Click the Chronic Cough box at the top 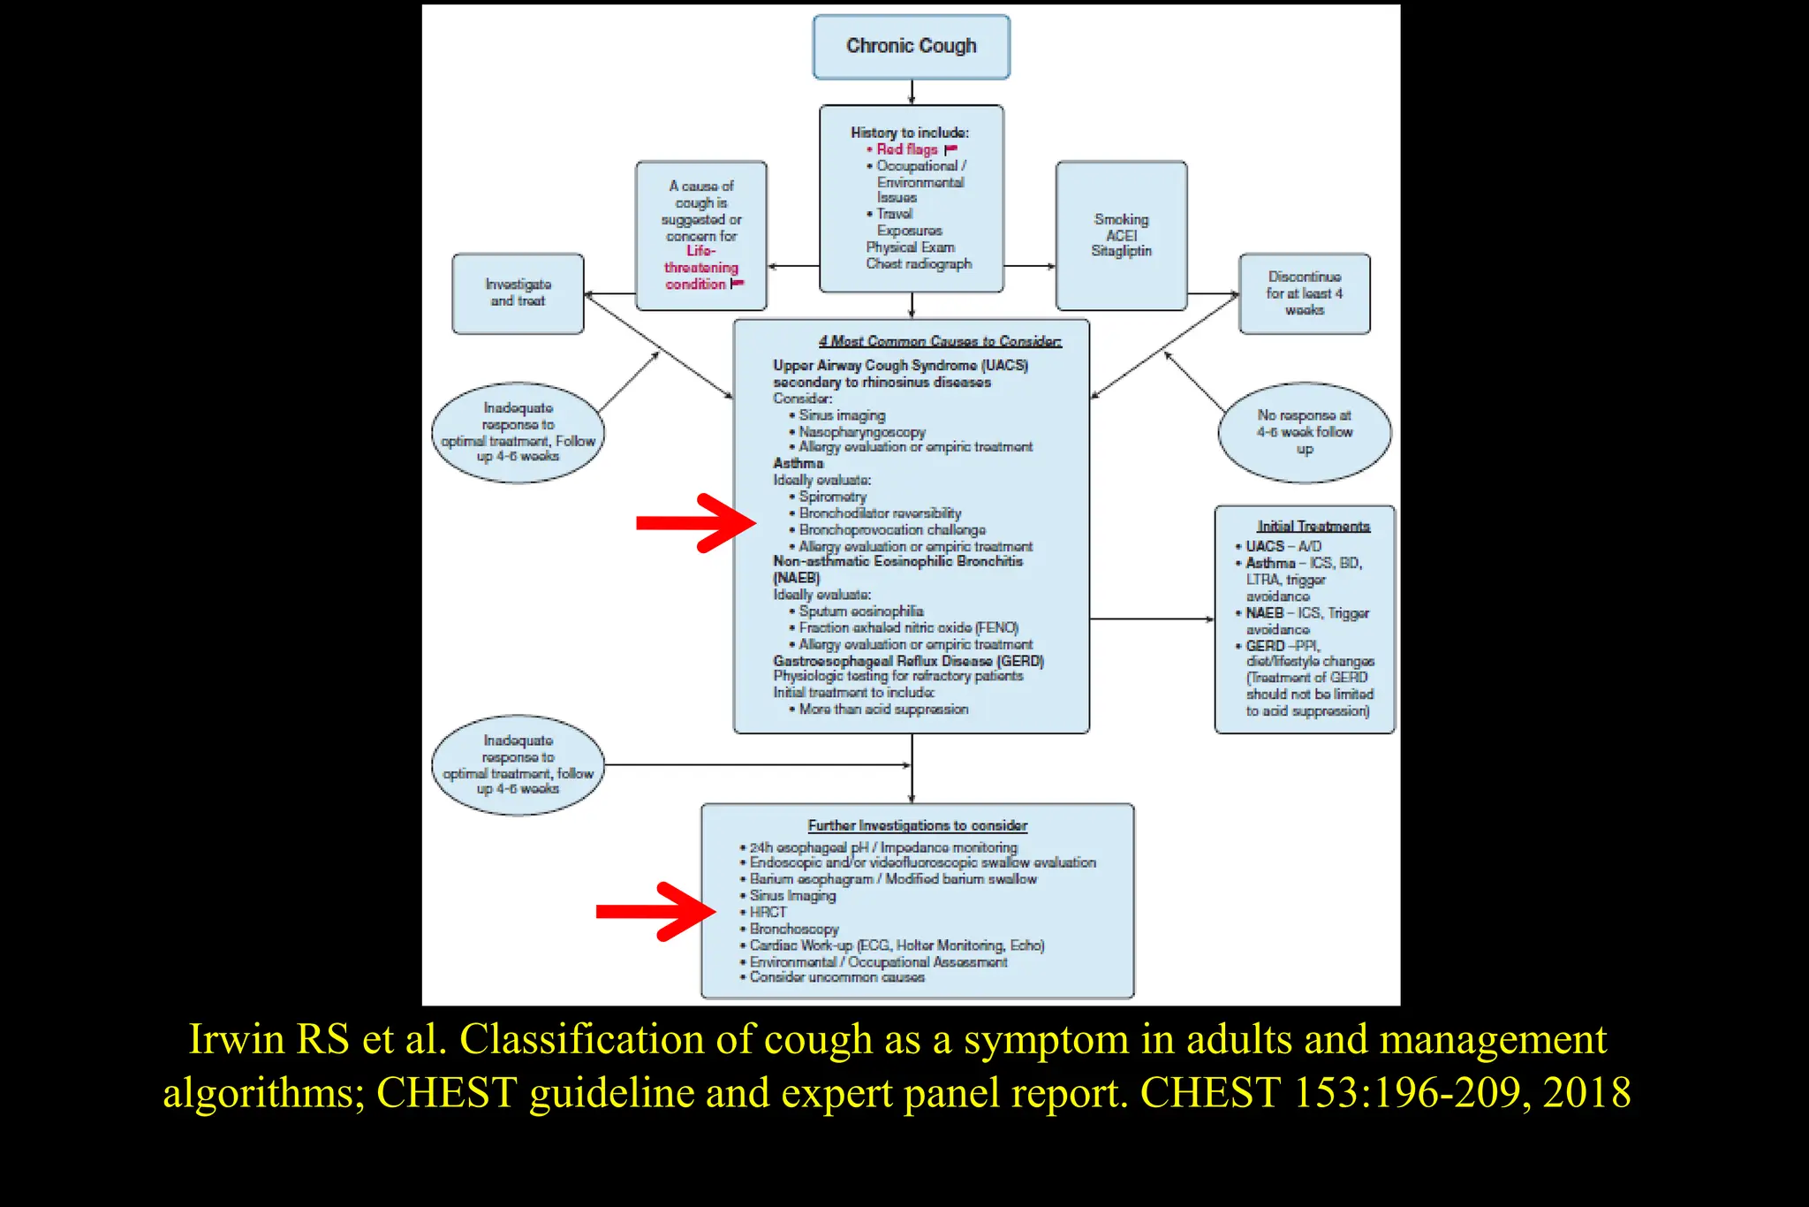[x=911, y=46]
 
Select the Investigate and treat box [x=518, y=293]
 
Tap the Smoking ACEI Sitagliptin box [x=1121, y=235]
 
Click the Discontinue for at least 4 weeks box [x=1304, y=293]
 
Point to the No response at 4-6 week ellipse [x=1304, y=432]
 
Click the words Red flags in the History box [x=907, y=149]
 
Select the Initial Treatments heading [x=1313, y=527]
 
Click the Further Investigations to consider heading [x=917, y=825]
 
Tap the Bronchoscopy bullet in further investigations [x=793, y=929]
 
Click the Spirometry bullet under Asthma [x=832, y=497]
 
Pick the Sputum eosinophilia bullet [x=860, y=611]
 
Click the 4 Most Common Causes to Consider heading [x=940, y=341]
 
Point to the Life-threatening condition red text [x=701, y=268]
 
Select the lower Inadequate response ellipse [x=518, y=765]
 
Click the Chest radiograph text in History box [x=919, y=263]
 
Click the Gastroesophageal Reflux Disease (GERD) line [x=908, y=661]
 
